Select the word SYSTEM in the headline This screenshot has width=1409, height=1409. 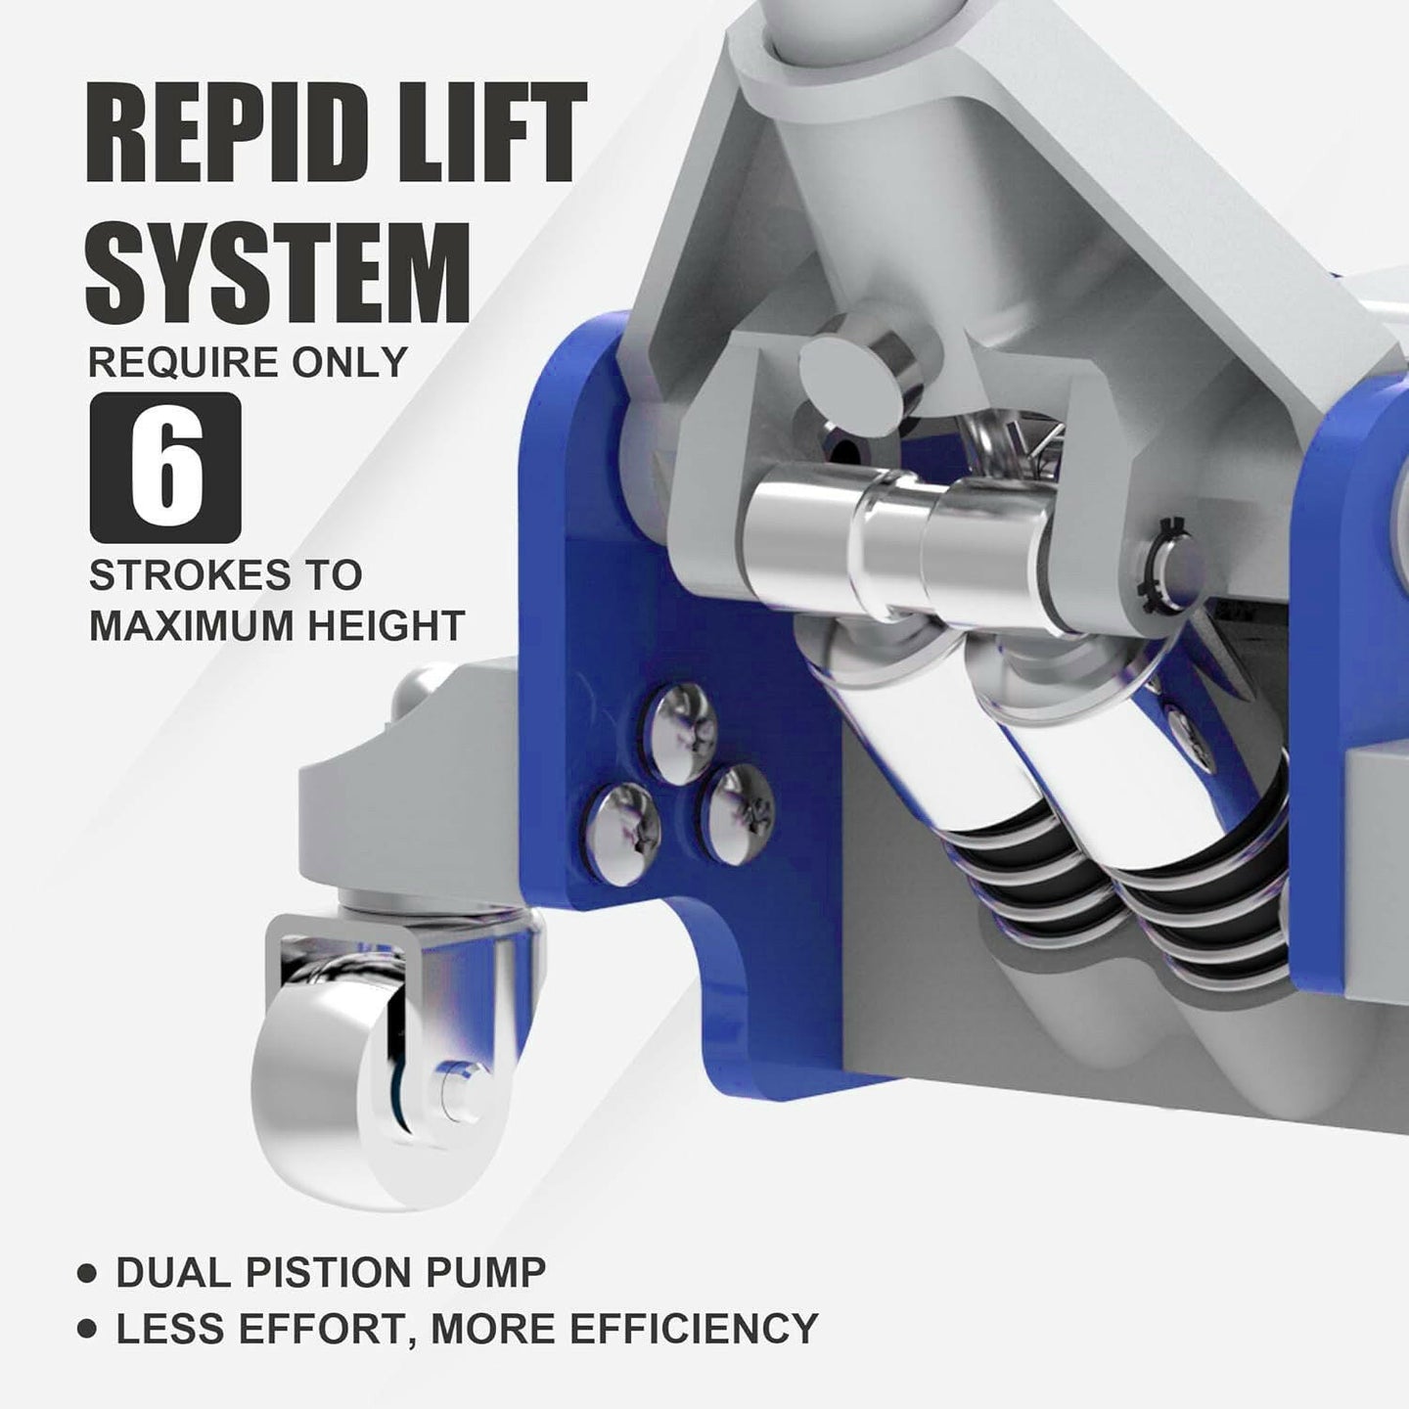278,273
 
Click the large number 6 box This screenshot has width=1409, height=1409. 165,468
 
